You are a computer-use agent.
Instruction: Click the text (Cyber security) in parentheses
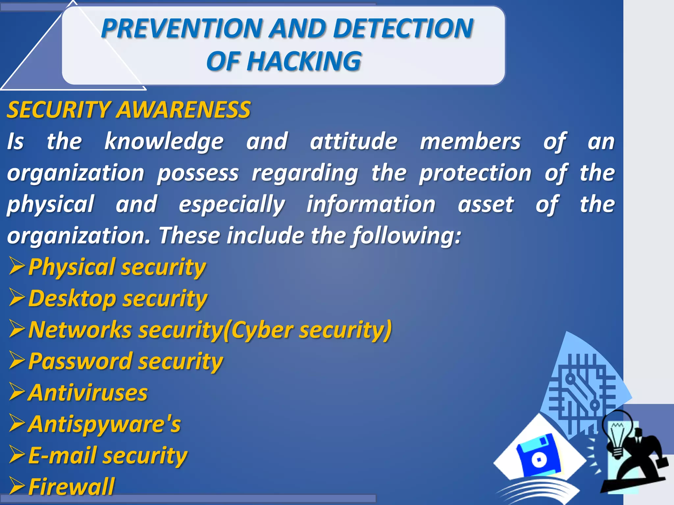coord(307,330)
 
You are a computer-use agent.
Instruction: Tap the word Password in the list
coord(80,361)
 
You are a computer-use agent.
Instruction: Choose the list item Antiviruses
coord(88,393)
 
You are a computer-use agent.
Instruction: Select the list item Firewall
coord(71,487)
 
